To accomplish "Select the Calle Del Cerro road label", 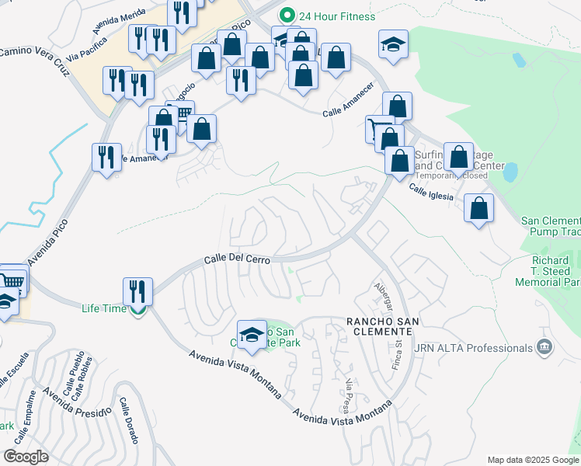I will coord(237,259).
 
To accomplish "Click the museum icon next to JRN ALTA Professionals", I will coord(544,347).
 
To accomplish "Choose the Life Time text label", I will coord(104,308).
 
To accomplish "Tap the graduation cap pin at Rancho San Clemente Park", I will coord(252,334).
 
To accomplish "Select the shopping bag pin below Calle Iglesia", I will coord(479,208).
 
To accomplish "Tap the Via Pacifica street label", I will coord(86,57).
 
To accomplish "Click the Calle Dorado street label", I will coord(127,422).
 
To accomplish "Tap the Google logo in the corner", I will coord(26,457).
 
